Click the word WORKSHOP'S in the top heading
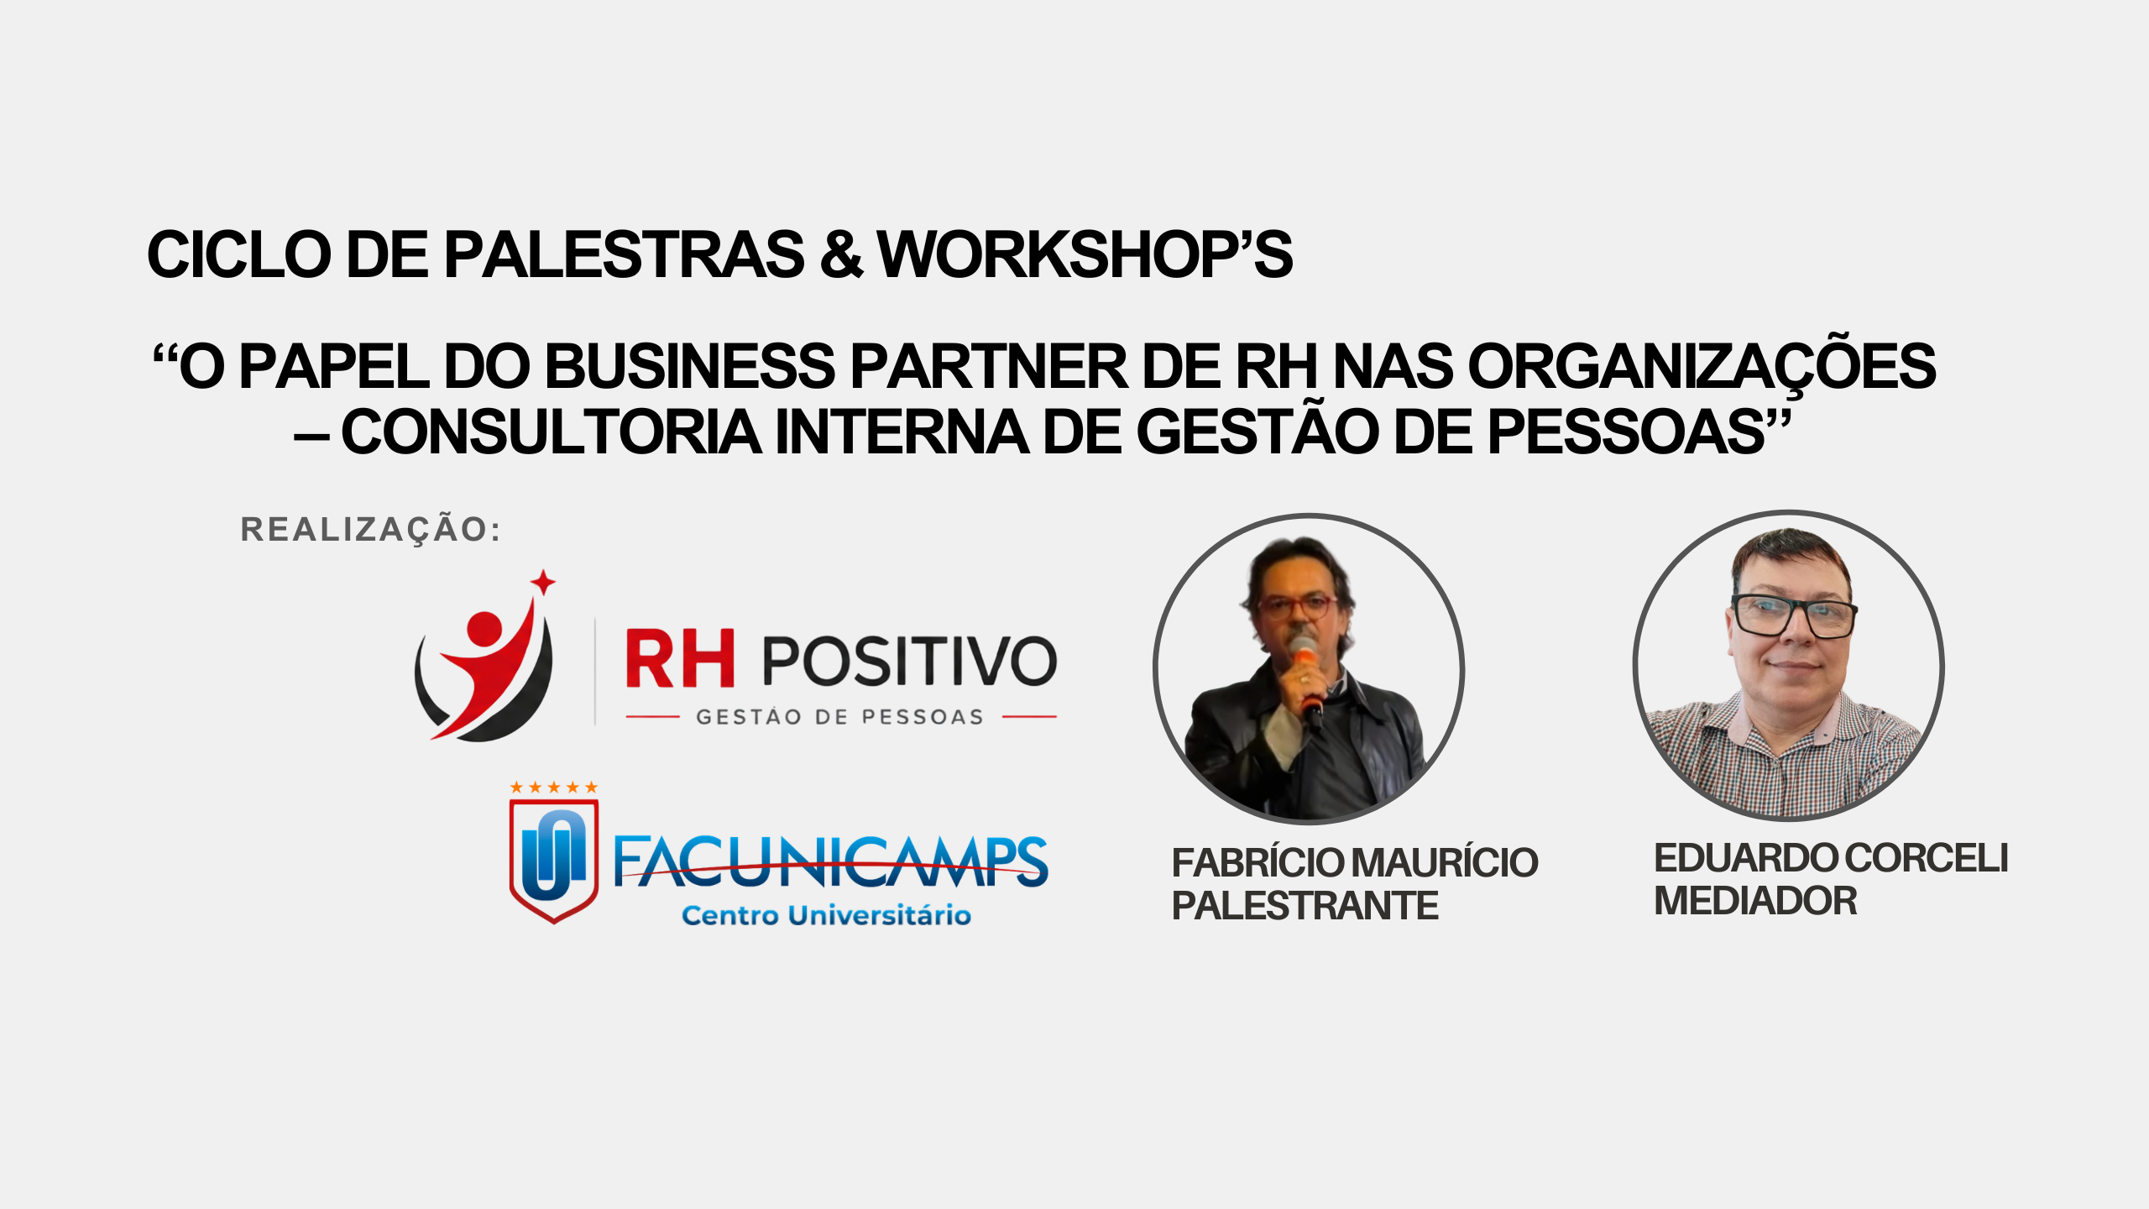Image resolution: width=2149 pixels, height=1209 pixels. tap(1085, 254)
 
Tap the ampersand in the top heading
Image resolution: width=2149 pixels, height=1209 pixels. tap(841, 254)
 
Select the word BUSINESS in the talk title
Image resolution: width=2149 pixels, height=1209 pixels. tap(691, 366)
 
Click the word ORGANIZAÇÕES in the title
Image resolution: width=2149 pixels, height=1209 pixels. tap(1702, 366)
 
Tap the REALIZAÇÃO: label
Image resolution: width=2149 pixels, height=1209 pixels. tap(370, 529)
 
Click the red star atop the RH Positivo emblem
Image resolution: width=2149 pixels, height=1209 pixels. tap(543, 582)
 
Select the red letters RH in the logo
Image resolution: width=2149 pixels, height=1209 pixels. tap(681, 659)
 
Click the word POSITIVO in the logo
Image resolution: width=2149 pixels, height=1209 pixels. tap(910, 661)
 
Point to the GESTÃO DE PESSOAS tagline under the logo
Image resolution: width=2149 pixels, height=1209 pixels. tap(839, 717)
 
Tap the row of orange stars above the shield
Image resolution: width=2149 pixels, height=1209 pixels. tap(554, 787)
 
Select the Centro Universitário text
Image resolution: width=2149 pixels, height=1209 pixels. tap(826, 914)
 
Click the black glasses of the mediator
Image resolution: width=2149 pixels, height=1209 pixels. tap(1793, 615)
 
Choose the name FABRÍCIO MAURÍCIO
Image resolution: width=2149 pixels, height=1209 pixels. tap(1355, 862)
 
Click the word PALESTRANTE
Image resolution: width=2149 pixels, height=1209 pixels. tap(1305, 906)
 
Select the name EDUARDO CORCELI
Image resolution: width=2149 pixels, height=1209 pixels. tap(1831, 858)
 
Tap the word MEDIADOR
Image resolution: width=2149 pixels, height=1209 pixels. tap(1755, 901)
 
